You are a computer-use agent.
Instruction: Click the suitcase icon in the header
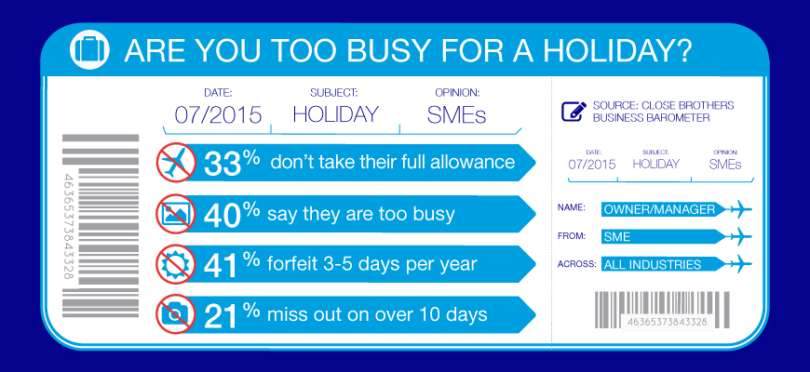click(x=89, y=50)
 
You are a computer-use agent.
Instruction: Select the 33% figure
click(x=232, y=162)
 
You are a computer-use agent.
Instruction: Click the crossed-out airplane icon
click(x=176, y=163)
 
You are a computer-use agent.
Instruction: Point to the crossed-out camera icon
click(x=176, y=314)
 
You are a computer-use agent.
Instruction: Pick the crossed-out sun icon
click(x=176, y=263)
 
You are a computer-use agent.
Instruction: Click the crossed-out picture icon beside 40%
click(x=176, y=213)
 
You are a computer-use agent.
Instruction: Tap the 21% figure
click(x=232, y=314)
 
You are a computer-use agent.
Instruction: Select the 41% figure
click(x=232, y=263)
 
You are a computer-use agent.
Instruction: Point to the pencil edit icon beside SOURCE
click(x=574, y=112)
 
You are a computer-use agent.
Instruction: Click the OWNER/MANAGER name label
click(x=659, y=209)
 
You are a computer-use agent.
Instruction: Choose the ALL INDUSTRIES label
click(x=653, y=265)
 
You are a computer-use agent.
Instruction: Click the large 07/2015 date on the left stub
click(x=218, y=114)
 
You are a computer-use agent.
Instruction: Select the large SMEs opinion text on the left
click(x=456, y=114)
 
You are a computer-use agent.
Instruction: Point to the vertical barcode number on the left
click(x=69, y=227)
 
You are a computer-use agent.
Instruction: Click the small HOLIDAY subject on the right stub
click(x=656, y=164)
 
